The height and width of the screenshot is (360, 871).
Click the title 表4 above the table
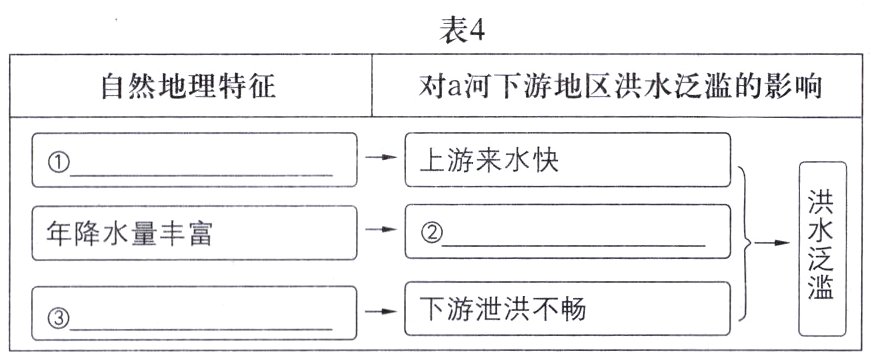pos(462,30)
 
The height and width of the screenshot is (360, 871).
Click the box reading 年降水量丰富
pos(194,234)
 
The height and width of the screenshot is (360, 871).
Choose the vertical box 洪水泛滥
pos(822,248)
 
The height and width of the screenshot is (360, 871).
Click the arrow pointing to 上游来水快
pos(381,158)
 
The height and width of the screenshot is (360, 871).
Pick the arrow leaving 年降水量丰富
pos(381,230)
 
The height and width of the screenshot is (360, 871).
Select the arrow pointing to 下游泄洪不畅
pos(381,311)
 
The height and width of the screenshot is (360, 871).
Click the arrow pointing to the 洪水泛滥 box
pos(772,241)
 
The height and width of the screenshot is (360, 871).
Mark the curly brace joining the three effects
pos(745,240)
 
